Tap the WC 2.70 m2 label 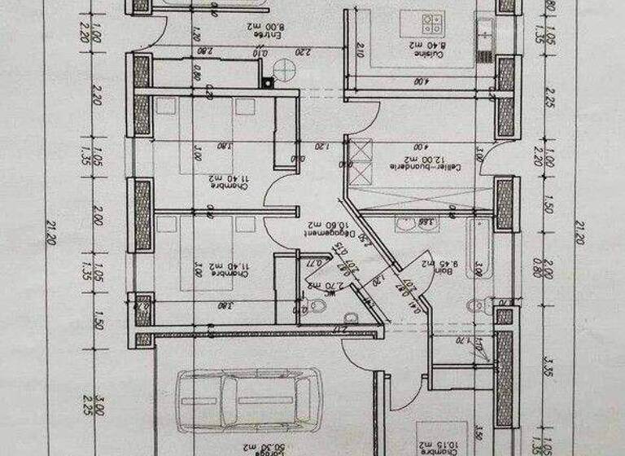332,286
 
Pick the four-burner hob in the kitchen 429,20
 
